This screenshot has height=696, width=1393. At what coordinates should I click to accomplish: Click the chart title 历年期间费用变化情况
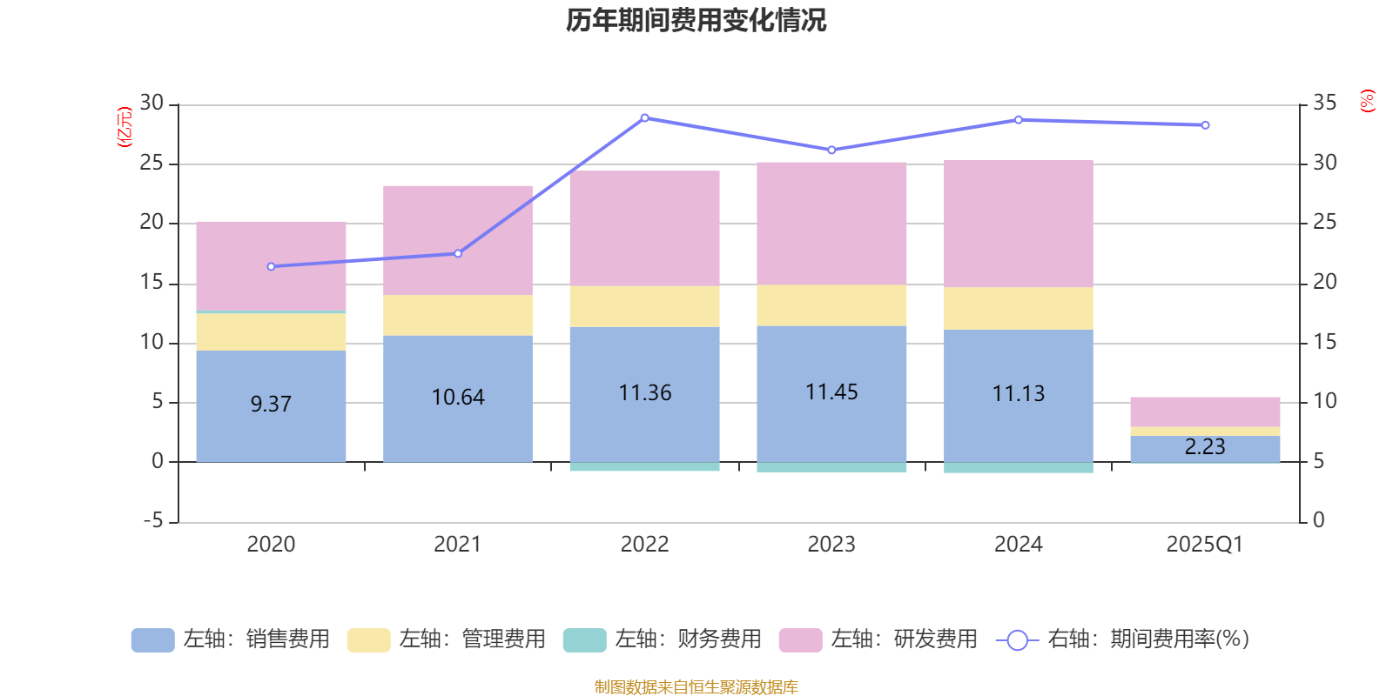tap(696, 20)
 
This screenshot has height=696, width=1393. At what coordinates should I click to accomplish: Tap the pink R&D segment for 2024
tap(1019, 224)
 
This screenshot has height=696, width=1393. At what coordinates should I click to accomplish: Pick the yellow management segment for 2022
tap(644, 306)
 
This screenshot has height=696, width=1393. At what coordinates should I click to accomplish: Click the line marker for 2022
tap(644, 117)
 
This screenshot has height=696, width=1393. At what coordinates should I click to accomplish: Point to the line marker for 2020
tap(271, 266)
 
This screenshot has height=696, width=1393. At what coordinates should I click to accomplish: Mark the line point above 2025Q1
tap(1205, 125)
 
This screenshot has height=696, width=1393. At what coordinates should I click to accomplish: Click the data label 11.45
tap(831, 392)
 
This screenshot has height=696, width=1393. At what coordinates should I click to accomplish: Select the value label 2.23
tap(1205, 447)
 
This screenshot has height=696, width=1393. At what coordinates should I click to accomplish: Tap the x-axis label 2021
tap(457, 545)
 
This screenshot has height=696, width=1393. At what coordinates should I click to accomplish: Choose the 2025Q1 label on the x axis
tap(1205, 545)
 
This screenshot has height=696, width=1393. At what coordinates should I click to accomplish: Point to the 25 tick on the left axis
tap(151, 164)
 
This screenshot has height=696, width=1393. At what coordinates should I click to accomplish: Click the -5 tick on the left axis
tap(153, 521)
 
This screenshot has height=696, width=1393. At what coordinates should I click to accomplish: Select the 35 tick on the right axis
tap(1324, 104)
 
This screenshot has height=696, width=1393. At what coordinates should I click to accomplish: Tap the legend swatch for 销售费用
tap(152, 640)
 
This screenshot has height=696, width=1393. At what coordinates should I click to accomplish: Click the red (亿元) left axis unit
tap(124, 127)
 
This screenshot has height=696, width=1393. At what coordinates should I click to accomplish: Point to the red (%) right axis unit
tap(1367, 101)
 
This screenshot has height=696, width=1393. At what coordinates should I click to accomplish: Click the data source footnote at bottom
tap(696, 687)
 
